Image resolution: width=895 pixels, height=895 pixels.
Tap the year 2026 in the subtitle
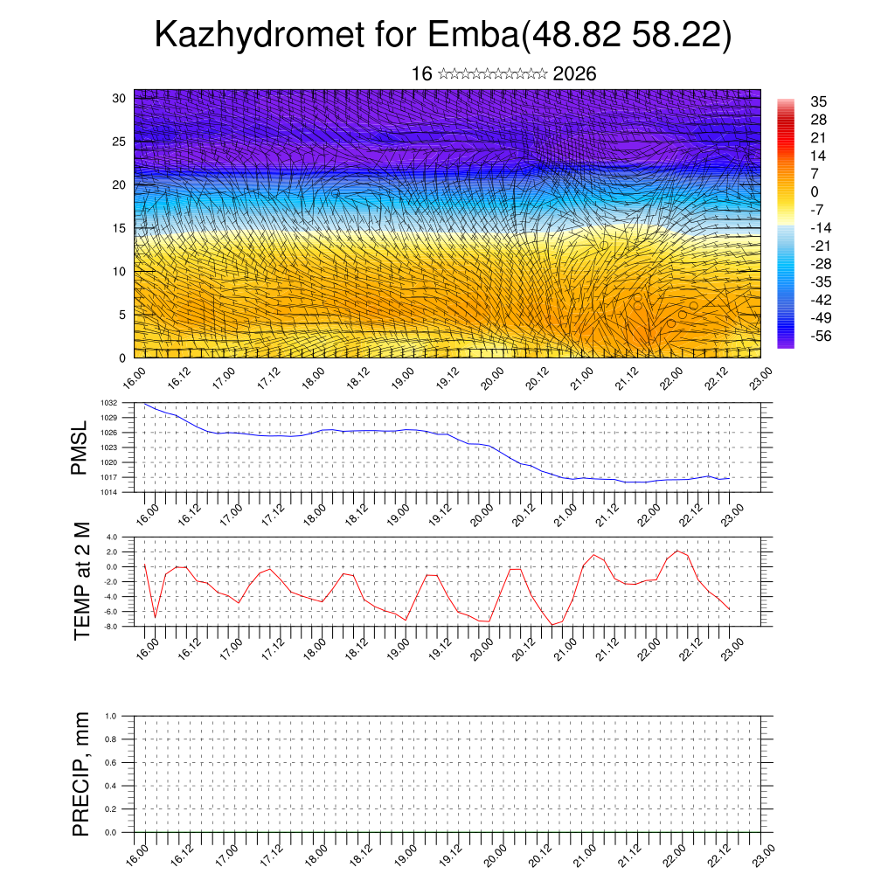tap(574, 74)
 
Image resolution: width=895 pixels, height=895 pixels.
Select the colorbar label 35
tap(818, 101)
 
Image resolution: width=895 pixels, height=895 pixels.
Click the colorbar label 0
tap(815, 191)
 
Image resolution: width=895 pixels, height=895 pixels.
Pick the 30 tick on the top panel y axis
tap(120, 98)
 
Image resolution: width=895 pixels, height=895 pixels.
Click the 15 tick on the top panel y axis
tap(120, 228)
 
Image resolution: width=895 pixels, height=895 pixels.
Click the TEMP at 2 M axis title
tap(82, 581)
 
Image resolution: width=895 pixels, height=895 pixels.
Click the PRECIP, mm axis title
tap(81, 774)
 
